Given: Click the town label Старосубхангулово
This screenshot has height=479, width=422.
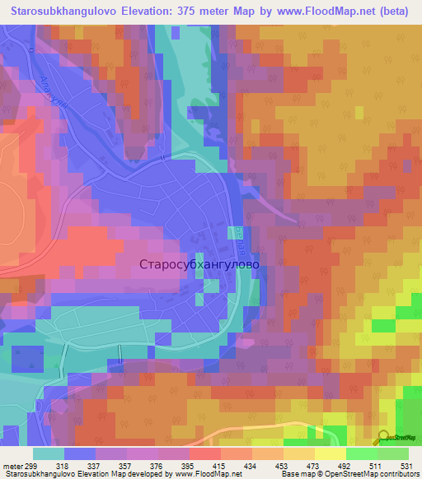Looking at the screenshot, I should tap(200, 265).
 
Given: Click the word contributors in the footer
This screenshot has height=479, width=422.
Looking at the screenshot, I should tap(398, 474).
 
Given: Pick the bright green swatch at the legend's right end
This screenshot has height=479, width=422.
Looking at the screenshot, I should tap(392, 453).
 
